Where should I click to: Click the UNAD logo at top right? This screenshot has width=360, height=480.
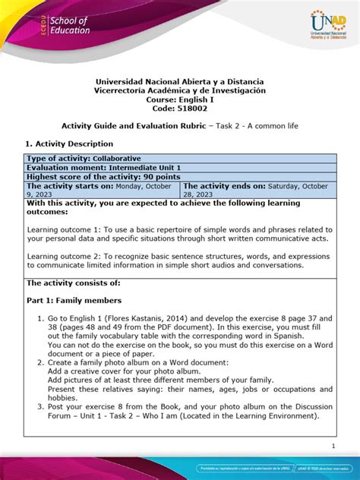320,29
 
